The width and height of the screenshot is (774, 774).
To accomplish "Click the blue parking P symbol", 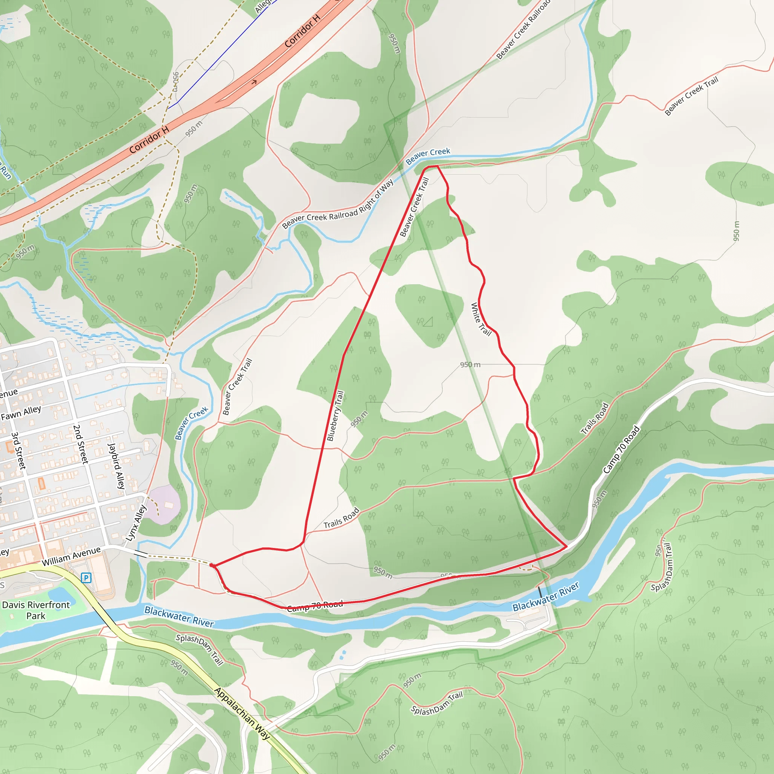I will [x=86, y=578].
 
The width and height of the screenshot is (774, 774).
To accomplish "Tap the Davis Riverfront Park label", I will [x=36, y=610].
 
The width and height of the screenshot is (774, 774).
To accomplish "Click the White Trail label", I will [x=480, y=319].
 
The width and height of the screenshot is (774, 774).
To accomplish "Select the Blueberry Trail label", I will [x=335, y=416].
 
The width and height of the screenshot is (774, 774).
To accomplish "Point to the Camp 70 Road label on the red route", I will [x=315, y=605].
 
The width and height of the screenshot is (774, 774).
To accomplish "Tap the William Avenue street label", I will [x=71, y=556].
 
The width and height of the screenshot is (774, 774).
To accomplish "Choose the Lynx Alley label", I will [x=136, y=523].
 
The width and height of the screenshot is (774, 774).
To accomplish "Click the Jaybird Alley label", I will [x=116, y=466].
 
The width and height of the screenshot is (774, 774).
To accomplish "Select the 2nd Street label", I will [x=80, y=444].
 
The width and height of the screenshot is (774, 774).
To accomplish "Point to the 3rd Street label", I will [x=19, y=450].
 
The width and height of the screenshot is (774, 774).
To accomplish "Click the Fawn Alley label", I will [x=21, y=413].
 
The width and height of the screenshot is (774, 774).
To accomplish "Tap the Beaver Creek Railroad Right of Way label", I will [x=338, y=204].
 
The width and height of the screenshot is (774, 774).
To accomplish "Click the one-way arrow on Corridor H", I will [x=254, y=82].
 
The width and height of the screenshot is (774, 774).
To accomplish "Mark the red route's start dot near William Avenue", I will [x=212, y=565].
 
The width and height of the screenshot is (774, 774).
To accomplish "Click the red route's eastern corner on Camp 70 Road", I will [x=567, y=546].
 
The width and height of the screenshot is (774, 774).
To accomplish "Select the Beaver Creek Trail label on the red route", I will [x=414, y=207].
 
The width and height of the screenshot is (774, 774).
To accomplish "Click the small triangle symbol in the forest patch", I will [x=428, y=321].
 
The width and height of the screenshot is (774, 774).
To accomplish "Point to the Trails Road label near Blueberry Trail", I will [x=341, y=518].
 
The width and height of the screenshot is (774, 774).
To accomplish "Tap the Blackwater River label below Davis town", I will [x=179, y=616].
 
